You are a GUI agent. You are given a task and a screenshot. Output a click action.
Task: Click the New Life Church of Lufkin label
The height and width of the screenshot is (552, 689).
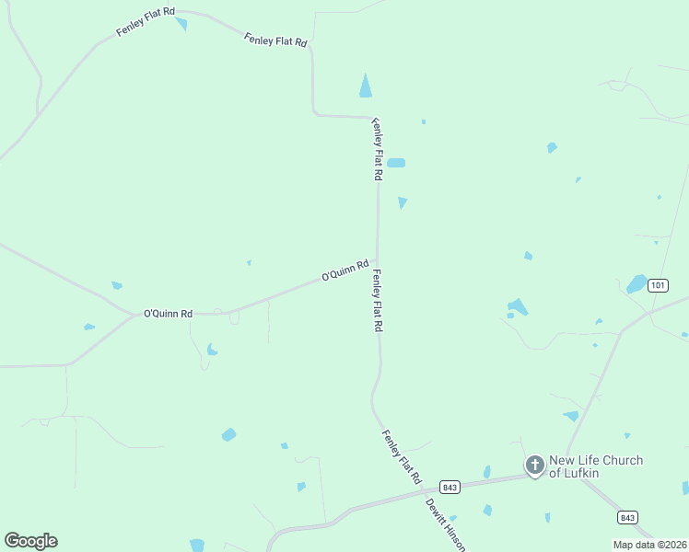(x=595, y=466)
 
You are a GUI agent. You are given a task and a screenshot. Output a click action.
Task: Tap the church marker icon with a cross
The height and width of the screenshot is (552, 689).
(x=535, y=466)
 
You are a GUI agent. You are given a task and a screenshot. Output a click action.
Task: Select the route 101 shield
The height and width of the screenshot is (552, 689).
(x=657, y=285)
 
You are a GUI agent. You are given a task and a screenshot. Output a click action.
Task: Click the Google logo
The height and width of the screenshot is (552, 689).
(x=30, y=541)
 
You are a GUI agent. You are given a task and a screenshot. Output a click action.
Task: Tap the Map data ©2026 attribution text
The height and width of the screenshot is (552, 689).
(x=649, y=545)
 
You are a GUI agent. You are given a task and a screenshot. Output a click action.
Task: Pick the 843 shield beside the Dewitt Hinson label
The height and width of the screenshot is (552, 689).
(x=450, y=487)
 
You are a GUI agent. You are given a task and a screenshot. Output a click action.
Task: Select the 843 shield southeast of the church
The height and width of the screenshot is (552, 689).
(x=627, y=517)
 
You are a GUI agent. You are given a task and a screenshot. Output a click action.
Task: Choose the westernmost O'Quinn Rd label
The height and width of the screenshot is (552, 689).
(x=168, y=314)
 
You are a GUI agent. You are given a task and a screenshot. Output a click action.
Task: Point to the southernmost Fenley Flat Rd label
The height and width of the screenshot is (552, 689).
(x=401, y=457)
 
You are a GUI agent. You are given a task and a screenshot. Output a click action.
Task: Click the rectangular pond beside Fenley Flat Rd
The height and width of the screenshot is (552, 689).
(x=396, y=163)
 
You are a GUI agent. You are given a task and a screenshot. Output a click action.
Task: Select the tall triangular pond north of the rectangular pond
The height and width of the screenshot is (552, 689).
(x=366, y=86)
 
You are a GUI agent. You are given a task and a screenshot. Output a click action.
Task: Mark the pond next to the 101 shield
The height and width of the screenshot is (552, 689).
(x=636, y=283)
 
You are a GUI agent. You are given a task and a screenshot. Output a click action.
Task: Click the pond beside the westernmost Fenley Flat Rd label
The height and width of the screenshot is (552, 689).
(x=181, y=23)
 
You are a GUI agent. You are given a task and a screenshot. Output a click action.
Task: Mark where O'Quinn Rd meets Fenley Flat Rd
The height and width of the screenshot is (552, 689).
(x=376, y=261)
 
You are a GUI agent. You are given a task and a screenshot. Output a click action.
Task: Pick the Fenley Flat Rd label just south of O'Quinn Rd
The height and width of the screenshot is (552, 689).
(x=378, y=301)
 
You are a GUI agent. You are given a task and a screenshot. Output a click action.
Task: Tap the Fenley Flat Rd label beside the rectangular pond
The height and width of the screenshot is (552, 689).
(x=378, y=149)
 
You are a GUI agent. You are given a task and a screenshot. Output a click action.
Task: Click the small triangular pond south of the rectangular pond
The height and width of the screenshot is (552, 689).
(x=402, y=201)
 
